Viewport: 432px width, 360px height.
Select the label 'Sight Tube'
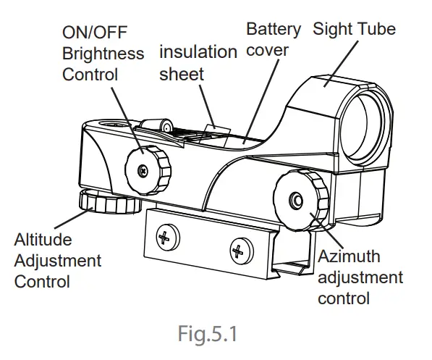[354, 29]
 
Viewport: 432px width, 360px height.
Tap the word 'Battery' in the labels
[273, 29]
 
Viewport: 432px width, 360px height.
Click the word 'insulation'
[198, 52]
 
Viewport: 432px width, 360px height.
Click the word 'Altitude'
[43, 240]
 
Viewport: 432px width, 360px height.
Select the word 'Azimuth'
[349, 257]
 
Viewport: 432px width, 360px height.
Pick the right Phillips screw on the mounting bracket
[238, 251]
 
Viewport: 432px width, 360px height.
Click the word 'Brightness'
[103, 54]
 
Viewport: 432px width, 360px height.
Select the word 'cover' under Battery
[267, 50]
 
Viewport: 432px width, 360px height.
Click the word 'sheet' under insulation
[181, 73]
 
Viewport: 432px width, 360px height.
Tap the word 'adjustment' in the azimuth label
[360, 278]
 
